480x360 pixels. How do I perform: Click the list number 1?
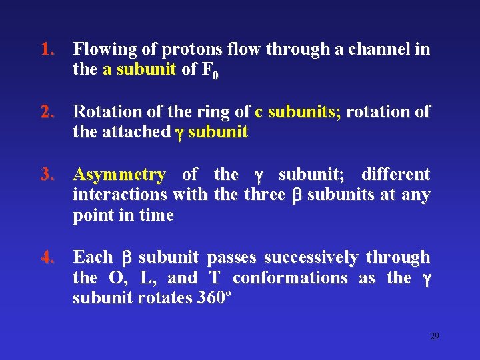click(x=46, y=50)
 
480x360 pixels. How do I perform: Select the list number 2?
click(x=46, y=112)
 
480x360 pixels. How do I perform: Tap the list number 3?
click(x=46, y=175)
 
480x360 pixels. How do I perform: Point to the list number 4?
click(x=46, y=257)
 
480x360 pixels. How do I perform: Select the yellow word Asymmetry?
click(x=119, y=175)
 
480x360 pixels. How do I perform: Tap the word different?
click(x=395, y=175)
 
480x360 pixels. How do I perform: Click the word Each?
click(x=93, y=257)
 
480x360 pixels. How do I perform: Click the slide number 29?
click(x=435, y=336)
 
